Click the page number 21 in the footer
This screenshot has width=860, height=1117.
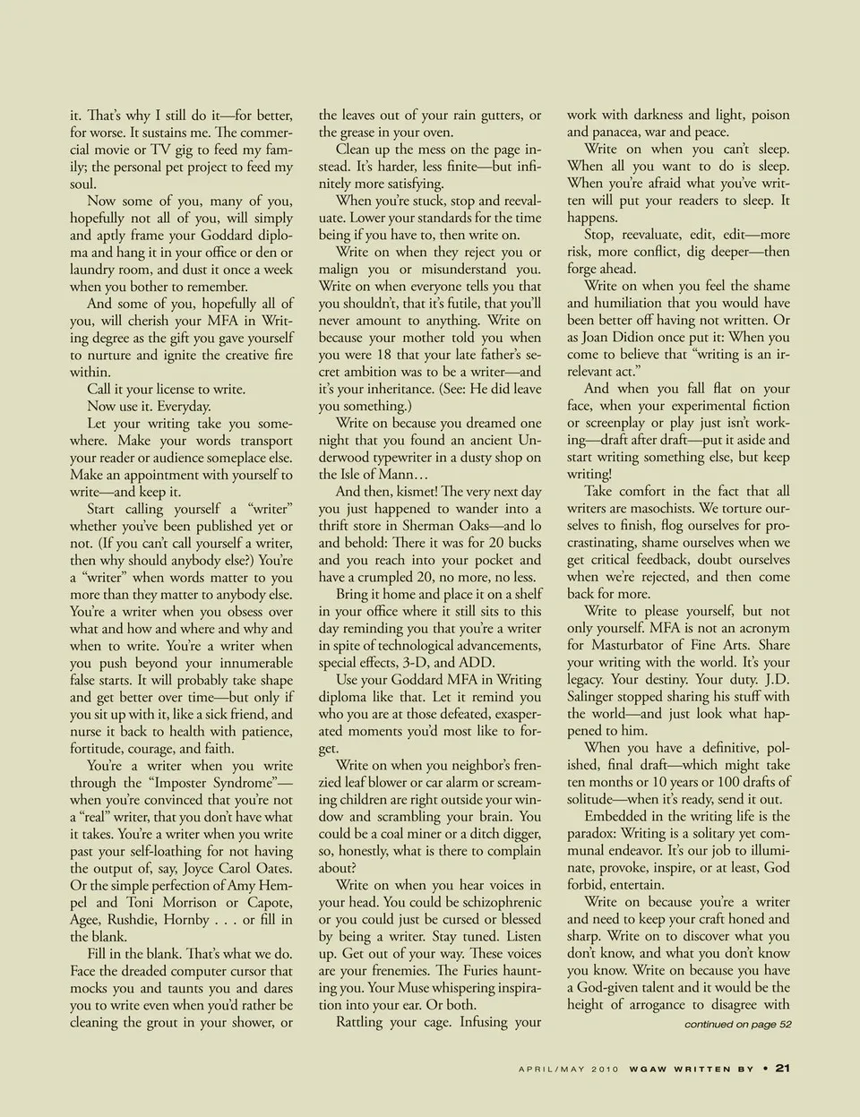point(781,1067)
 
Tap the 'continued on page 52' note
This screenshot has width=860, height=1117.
point(737,1024)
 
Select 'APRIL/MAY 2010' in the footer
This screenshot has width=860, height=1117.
point(569,1068)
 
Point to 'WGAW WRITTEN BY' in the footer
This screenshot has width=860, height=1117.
point(691,1068)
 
